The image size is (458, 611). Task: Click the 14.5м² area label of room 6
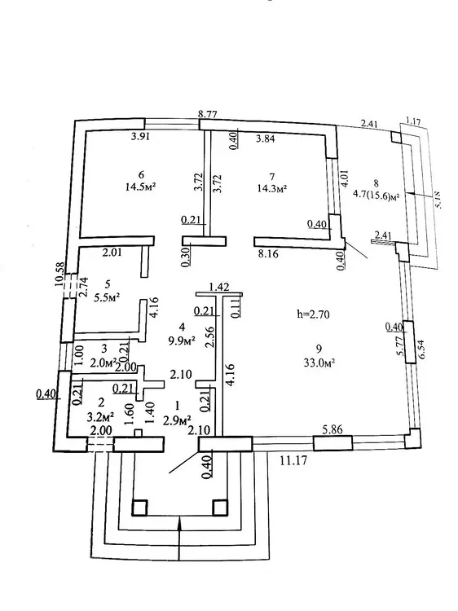click(141, 187)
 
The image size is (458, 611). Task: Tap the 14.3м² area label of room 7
click(272, 189)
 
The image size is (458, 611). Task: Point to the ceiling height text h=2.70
click(313, 314)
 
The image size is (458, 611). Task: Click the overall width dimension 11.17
click(294, 460)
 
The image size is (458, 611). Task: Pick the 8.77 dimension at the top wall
click(208, 115)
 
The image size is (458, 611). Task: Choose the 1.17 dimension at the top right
click(413, 121)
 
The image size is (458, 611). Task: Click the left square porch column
click(139, 508)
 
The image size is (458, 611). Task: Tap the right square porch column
click(219, 508)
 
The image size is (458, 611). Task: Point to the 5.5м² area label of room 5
click(107, 297)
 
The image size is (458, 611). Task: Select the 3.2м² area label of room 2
click(100, 417)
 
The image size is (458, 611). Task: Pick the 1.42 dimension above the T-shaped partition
click(218, 288)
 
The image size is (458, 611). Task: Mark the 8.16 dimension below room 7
click(268, 253)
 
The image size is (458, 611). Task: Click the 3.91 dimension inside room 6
click(140, 136)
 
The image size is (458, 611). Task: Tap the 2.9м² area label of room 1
click(178, 420)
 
